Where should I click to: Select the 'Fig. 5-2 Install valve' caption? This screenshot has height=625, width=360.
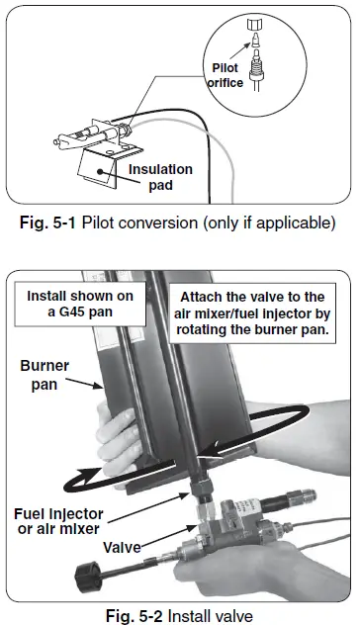(x=179, y=615)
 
